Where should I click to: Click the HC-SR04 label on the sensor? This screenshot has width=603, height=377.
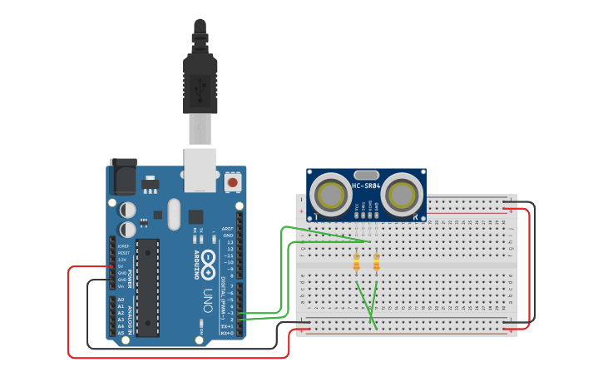(x=366, y=186)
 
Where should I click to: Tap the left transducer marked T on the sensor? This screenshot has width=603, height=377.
(x=330, y=195)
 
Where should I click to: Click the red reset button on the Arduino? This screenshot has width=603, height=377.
(x=233, y=181)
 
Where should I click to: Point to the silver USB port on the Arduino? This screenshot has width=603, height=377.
(x=200, y=165)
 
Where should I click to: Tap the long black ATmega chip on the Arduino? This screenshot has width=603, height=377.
(x=147, y=287)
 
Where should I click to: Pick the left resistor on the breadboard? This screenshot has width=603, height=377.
(x=357, y=264)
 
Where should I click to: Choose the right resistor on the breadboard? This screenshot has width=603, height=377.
(x=376, y=264)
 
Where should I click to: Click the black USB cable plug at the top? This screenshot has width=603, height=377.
(x=200, y=79)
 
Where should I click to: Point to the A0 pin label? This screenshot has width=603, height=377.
(x=121, y=300)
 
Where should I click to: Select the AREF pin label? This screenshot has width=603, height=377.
(x=227, y=229)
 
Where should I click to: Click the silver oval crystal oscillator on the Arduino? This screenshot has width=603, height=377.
(x=173, y=214)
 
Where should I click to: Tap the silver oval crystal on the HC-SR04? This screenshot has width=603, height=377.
(x=367, y=173)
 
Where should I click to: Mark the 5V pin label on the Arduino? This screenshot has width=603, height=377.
(x=121, y=266)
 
